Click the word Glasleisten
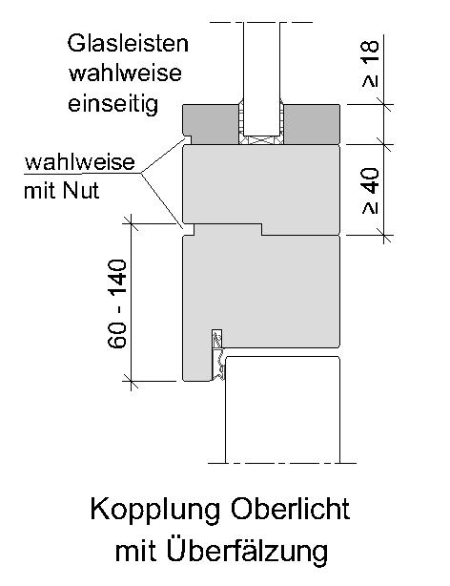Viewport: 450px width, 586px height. (x=128, y=43)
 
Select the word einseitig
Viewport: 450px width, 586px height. (x=112, y=104)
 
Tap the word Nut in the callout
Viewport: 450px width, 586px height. (x=81, y=191)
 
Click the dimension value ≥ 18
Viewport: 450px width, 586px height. (x=370, y=64)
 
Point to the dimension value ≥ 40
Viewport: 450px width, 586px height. (x=370, y=191)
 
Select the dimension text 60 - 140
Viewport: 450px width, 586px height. (x=117, y=303)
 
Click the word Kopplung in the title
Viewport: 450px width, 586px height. (x=155, y=511)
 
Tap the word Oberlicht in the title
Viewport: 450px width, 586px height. (x=290, y=509)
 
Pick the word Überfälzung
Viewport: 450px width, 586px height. (x=247, y=551)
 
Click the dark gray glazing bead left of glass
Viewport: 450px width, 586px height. (x=212, y=123)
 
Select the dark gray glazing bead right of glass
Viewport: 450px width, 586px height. (x=312, y=124)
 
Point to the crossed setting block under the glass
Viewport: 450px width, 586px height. (x=261, y=140)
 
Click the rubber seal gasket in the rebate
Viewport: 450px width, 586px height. (x=217, y=355)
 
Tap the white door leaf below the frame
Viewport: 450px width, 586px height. (x=283, y=409)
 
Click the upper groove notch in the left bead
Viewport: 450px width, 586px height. (x=188, y=139)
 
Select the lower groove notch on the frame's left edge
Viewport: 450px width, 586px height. (x=189, y=230)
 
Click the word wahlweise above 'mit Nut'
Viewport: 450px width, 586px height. (x=79, y=162)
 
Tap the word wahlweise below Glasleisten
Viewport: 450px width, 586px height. (x=125, y=73)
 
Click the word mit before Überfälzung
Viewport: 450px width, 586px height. (x=136, y=551)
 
